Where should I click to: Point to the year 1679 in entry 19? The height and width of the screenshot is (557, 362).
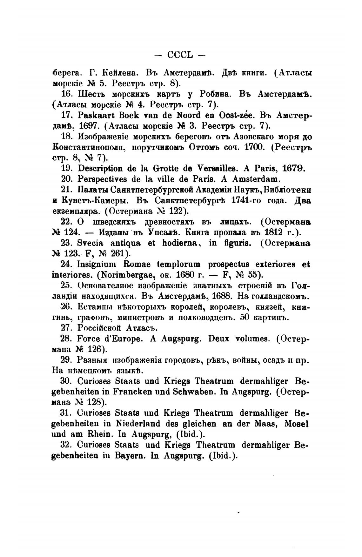292,168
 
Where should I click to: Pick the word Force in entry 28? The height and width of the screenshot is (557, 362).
89,339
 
